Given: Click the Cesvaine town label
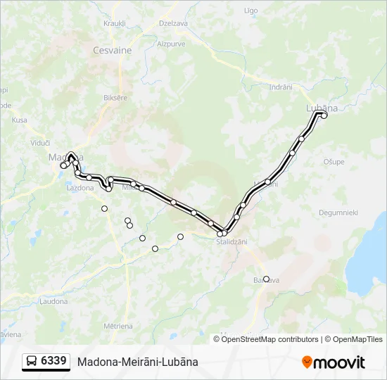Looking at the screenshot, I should pyautogui.click(x=113, y=51).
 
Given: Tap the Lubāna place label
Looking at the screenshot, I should pyautogui.click(x=322, y=108).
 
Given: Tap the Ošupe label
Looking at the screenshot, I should pyautogui.click(x=334, y=162).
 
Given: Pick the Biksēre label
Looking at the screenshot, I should pyautogui.click(x=115, y=98).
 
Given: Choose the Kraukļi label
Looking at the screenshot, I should pyautogui.click(x=114, y=23).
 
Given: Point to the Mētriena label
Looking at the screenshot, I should pyautogui.click(x=118, y=326).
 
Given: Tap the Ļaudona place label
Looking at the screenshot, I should pyautogui.click(x=53, y=301).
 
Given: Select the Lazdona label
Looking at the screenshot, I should pyautogui.click(x=80, y=188).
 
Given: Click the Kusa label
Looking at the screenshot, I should pyautogui.click(x=19, y=120).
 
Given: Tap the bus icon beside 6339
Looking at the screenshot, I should pyautogui.click(x=32, y=362).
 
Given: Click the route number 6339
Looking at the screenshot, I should pyautogui.click(x=54, y=361).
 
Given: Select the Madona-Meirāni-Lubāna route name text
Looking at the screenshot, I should pyautogui.click(x=138, y=362).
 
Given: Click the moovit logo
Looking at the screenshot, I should pyautogui.click(x=334, y=362).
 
